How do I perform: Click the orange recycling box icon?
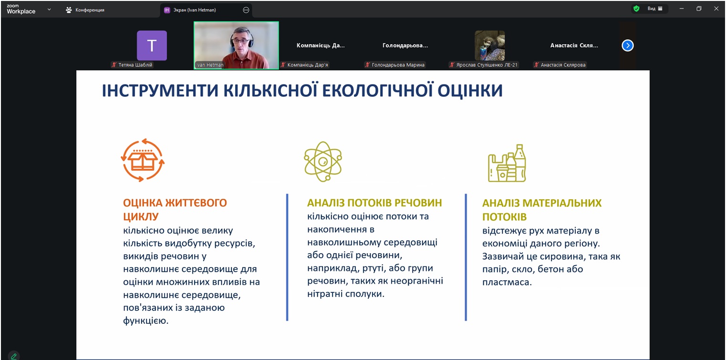click(x=143, y=161)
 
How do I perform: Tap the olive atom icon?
click(x=323, y=161)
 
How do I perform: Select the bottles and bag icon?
click(x=507, y=163)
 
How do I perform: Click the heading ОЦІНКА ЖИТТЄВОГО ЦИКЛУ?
click(x=175, y=209)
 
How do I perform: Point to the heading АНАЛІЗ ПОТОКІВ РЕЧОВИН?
click(x=374, y=203)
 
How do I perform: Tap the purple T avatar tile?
click(x=152, y=46)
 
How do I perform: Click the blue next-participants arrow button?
click(x=628, y=45)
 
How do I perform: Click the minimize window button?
click(x=682, y=9)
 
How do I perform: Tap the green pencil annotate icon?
click(x=14, y=356)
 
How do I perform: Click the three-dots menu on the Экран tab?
click(x=246, y=10)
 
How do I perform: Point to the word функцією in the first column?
click(x=145, y=320)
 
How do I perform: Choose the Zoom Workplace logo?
click(x=21, y=9)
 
